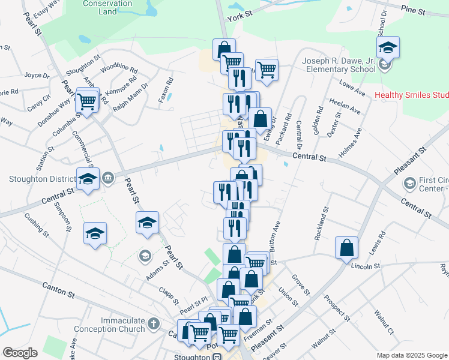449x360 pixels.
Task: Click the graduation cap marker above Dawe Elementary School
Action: [x=388, y=47]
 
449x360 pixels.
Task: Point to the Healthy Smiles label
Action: [x=411, y=95]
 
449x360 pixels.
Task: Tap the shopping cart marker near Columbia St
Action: [x=88, y=101]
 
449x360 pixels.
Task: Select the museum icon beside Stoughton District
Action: [x=109, y=177]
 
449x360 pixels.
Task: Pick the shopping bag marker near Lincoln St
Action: [x=347, y=247]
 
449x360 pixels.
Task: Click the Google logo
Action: [x=20, y=353]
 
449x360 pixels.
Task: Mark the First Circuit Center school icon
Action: [x=410, y=182]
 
